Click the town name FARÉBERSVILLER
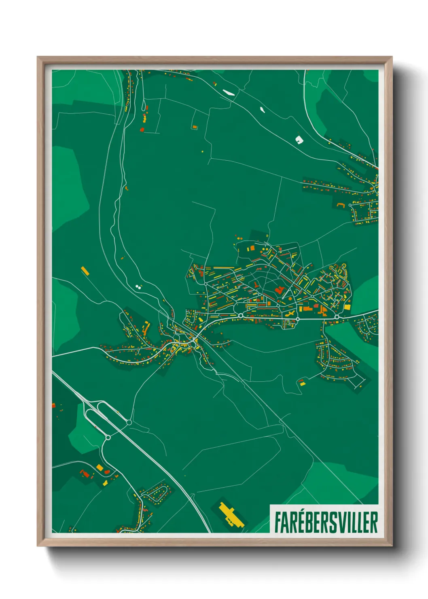click(326, 522)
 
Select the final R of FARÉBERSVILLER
click(374, 522)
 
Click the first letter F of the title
click(278, 522)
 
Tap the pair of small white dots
click(139, 286)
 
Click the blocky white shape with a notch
click(299, 140)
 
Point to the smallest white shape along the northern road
click(262, 109)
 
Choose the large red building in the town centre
click(279, 290)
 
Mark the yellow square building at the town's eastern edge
click(347, 308)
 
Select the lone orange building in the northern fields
click(195, 127)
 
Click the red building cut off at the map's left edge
click(53, 405)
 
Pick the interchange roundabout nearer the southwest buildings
click(108, 437)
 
